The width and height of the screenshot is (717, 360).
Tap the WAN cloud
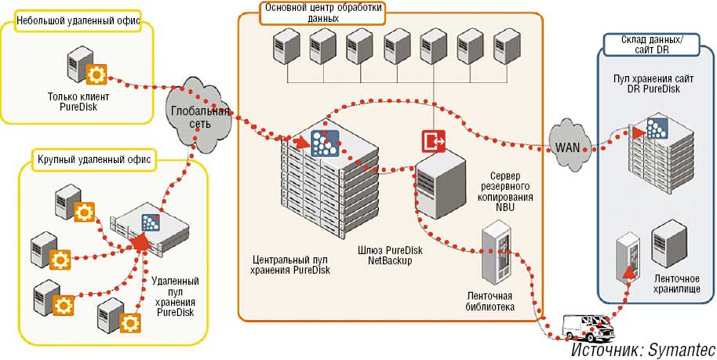[568, 146]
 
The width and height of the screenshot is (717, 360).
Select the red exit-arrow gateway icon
[433, 141]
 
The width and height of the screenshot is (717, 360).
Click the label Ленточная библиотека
[491, 301]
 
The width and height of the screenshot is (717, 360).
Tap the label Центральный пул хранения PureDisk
[291, 264]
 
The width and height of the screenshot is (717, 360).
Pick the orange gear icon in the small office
[96, 75]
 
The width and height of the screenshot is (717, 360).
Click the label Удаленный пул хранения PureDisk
[177, 296]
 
